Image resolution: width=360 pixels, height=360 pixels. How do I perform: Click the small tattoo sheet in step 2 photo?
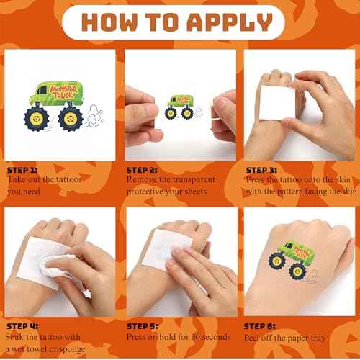pyautogui.click(x=179, y=105)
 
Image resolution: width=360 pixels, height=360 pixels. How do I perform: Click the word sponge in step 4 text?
pyautogui.click(x=96, y=348)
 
